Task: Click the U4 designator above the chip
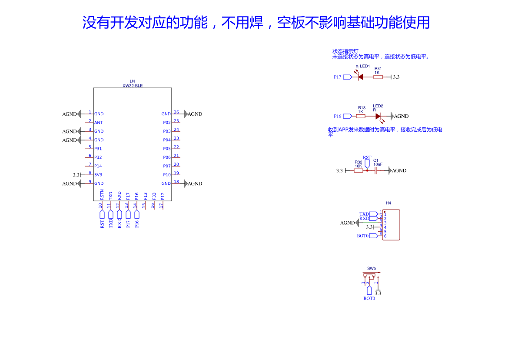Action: pyautogui.click(x=133, y=81)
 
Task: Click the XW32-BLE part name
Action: pyautogui.click(x=133, y=86)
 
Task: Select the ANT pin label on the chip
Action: pyautogui.click(x=98, y=123)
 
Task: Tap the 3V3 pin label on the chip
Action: pyautogui.click(x=98, y=175)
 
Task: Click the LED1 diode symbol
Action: pyautogui.click(x=361, y=77)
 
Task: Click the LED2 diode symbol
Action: pyautogui.click(x=378, y=116)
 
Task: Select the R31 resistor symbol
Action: pyautogui.click(x=378, y=77)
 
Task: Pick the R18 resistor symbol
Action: pyautogui.click(x=361, y=116)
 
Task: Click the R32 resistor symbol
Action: pyautogui.click(x=358, y=170)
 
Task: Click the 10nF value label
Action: pyautogui.click(x=378, y=165)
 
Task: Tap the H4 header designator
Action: pyautogui.click(x=388, y=203)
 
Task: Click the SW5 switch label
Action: pyautogui.click(x=371, y=268)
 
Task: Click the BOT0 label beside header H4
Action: pyautogui.click(x=363, y=236)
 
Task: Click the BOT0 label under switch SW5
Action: pyautogui.click(x=369, y=298)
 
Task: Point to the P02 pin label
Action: pyautogui.click(x=167, y=123)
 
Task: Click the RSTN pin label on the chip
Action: pyautogui.click(x=102, y=194)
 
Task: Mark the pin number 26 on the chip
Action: pyautogui.click(x=176, y=112)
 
